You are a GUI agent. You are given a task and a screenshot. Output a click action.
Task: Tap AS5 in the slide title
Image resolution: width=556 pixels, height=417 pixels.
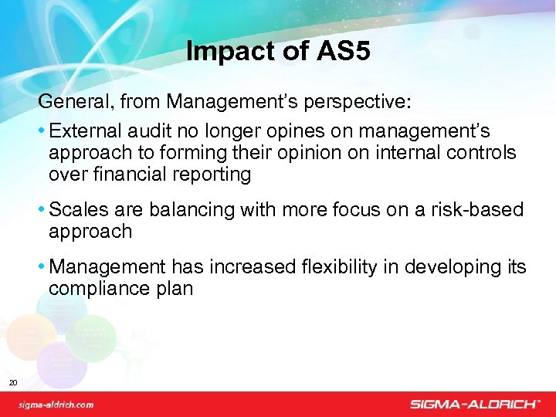click(343, 52)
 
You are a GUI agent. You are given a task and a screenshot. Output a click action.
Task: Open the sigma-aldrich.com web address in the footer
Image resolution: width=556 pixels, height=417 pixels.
click(56, 405)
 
